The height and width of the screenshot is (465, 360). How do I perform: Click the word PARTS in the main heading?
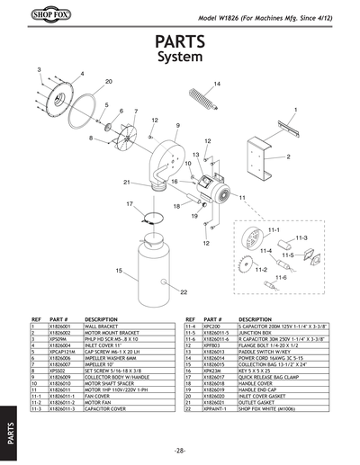point(181,42)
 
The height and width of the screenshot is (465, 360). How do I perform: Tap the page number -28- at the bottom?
point(180,450)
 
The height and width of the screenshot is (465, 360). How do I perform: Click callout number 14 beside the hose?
point(217,84)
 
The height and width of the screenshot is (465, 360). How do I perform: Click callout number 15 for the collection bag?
point(118,270)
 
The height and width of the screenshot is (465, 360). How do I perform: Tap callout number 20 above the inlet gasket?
point(108,82)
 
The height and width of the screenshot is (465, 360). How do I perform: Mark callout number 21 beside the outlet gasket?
point(128,183)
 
